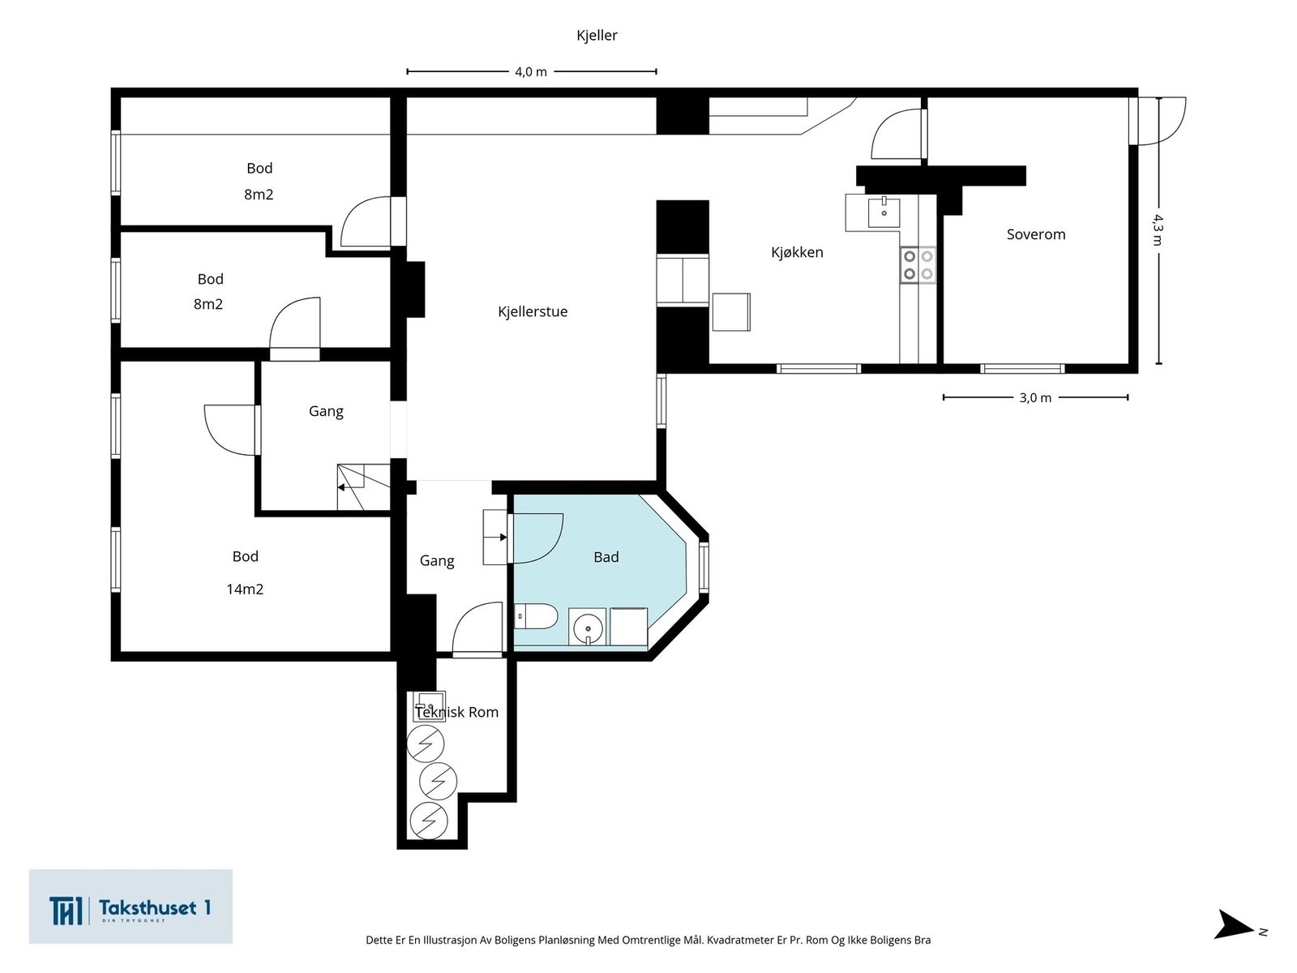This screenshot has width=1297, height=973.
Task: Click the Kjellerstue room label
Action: pos(533,312)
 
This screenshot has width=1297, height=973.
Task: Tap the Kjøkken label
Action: pos(797,252)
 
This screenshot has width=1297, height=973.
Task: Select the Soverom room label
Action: pos(1036,234)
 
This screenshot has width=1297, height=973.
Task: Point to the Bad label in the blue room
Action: pos(606,557)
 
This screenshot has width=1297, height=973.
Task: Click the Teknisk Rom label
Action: pos(456,713)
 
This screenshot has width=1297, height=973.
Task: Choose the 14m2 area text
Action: pos(245,589)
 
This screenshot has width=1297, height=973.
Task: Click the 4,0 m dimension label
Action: pos(531,72)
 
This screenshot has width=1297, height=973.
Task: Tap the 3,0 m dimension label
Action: pos(1035,398)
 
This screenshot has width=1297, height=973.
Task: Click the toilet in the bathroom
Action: pos(535,616)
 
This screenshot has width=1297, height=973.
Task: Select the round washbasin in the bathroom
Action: pos(588,627)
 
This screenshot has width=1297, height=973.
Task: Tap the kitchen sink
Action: pos(884,212)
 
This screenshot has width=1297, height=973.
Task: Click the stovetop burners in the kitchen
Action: pos(918,264)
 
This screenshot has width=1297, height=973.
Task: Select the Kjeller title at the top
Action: pos(597,36)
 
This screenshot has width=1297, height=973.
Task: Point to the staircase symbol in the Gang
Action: pos(363,487)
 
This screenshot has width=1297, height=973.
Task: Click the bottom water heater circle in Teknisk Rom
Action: pos(429,821)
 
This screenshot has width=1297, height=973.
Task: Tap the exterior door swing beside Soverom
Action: pos(1161,121)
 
